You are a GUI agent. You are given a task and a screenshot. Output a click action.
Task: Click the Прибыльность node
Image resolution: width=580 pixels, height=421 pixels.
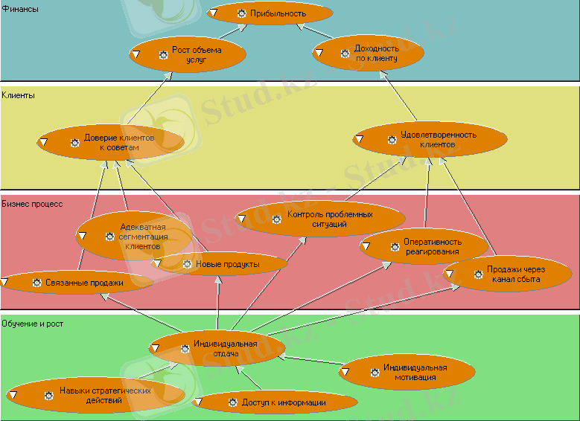click(x=270, y=13)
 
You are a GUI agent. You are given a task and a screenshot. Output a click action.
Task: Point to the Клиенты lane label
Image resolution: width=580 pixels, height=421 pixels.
click(x=19, y=95)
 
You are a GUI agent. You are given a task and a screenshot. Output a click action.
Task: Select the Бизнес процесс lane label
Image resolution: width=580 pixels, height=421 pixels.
click(x=32, y=202)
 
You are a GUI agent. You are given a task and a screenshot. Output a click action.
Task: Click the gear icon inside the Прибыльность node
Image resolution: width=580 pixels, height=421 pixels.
click(x=241, y=13)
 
